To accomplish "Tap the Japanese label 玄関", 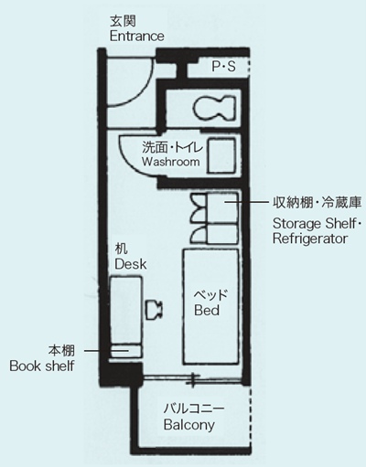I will point(121,20).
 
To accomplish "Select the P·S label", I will point(222,67).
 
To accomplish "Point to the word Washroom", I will point(170,161).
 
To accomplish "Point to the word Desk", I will point(130,263).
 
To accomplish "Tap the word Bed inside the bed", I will point(206,311).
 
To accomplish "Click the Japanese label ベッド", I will point(210,295).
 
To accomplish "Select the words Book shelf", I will point(41,366).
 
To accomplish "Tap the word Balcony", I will point(189,425).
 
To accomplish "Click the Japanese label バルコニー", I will point(193,409).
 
